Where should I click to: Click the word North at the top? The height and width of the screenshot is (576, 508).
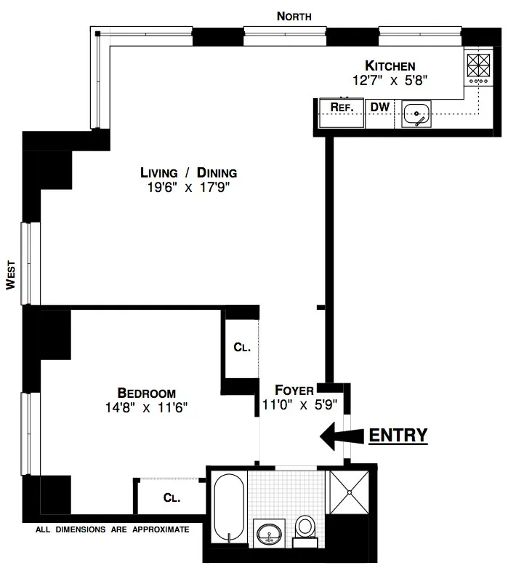point(294,15)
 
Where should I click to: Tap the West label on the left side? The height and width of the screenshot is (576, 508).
point(10,276)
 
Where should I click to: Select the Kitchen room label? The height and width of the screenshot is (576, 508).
point(390,66)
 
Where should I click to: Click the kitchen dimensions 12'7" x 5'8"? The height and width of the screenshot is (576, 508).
point(390,81)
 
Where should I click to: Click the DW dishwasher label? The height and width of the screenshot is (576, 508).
point(380,108)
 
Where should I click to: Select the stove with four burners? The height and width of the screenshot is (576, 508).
point(478,67)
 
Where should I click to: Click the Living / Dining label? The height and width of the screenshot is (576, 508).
point(189,173)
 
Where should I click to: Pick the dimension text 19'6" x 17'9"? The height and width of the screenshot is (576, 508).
point(189,188)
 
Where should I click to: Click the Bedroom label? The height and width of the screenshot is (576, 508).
point(146,393)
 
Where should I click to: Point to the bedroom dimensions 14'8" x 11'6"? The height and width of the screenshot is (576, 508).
point(146,407)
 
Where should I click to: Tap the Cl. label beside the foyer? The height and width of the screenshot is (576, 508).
point(242,348)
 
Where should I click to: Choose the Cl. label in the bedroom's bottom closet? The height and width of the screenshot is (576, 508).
point(172,498)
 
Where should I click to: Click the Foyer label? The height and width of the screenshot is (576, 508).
point(294,390)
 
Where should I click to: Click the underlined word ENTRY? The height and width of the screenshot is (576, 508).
point(398,435)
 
